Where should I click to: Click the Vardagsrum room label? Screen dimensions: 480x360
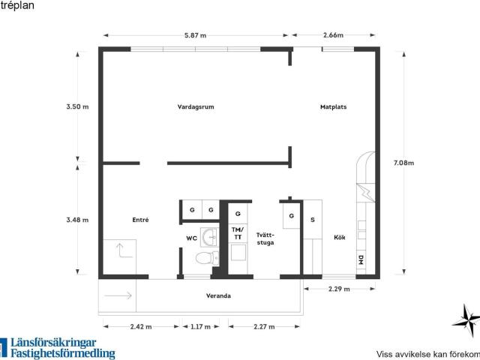[196, 106]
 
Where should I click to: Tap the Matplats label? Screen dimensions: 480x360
[333, 106]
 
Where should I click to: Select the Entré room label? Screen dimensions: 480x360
[140, 220]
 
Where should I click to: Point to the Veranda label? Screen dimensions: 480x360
[218, 295]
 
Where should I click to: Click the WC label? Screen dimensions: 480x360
[192, 238]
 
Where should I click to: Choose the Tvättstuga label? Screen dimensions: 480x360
[265, 238]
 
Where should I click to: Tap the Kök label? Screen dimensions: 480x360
[340, 237]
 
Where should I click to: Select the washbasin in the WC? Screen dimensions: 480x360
[209, 237]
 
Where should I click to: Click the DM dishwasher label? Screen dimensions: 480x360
[361, 260]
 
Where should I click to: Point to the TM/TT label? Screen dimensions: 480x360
[238, 233]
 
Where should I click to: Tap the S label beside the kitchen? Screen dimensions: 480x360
[313, 220]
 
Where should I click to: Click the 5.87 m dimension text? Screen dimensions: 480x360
[195, 35]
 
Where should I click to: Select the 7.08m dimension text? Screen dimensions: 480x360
[403, 163]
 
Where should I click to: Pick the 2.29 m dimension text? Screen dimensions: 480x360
[339, 289]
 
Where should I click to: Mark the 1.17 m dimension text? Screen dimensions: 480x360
[200, 327]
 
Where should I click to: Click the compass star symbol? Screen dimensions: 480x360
[466, 320]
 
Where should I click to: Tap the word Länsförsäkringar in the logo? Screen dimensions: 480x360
[53, 343]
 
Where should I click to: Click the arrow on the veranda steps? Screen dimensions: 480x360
[118, 295]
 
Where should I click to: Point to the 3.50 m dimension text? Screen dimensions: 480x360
[77, 106]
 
